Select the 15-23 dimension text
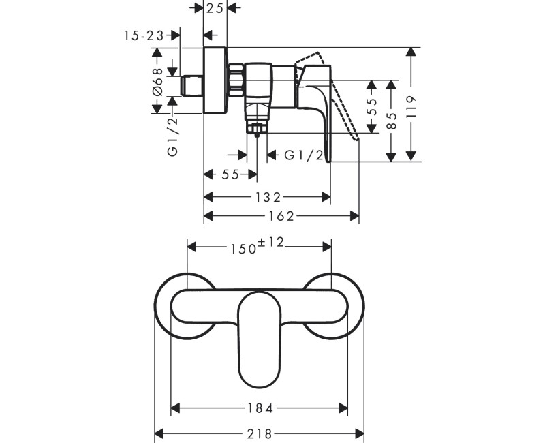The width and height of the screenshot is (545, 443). click(x=144, y=36)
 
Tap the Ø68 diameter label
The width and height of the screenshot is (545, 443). click(x=157, y=81)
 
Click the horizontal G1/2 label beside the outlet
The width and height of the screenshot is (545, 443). click(x=304, y=155)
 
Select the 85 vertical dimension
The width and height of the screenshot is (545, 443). click(x=391, y=121)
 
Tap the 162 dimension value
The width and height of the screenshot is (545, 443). click(x=281, y=217)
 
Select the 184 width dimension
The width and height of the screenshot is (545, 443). click(x=259, y=408)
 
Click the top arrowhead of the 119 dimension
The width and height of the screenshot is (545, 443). click(x=410, y=52)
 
